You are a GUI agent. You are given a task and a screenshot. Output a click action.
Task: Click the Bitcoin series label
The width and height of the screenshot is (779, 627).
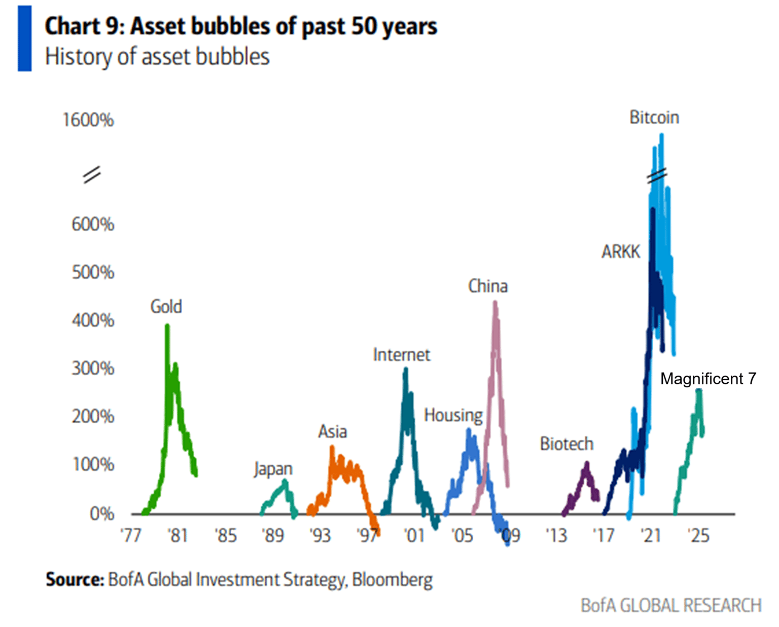tap(654, 118)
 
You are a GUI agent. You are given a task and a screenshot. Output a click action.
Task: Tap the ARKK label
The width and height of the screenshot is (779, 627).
tap(620, 252)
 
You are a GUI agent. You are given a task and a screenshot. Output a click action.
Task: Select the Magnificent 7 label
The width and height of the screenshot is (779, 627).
tap(708, 379)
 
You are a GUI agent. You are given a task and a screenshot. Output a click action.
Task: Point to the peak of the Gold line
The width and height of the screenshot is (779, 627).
tap(167, 326)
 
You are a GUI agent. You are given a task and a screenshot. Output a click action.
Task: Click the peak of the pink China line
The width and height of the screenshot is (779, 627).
tap(495, 303)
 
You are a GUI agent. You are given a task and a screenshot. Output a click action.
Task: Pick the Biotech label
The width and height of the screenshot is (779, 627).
tap(566, 444)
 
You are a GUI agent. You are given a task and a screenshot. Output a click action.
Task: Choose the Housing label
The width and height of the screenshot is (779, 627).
tap(453, 415)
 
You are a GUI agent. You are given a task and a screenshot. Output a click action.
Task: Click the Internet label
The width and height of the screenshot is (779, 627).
tap(401, 355)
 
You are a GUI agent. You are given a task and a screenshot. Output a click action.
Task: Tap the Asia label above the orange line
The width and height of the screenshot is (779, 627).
tap(333, 432)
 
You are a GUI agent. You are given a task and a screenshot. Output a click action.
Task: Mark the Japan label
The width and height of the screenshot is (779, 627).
tap(273, 469)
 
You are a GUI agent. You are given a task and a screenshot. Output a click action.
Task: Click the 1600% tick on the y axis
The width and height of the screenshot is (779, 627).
tap(88, 120)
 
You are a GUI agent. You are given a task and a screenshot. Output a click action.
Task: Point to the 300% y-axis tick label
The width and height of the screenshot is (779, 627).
tap(93, 368)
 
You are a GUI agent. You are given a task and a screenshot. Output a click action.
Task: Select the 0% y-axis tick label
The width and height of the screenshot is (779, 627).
tap(101, 514)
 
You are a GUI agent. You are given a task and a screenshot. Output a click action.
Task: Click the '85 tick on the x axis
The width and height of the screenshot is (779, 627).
tap(225, 535)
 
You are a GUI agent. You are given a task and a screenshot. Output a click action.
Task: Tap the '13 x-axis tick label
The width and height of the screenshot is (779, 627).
tap(556, 535)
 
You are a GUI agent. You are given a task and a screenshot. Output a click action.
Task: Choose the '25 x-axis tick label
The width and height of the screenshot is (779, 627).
tap(698, 535)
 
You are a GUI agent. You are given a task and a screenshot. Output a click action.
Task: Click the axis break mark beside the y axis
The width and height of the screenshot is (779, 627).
tap(92, 175)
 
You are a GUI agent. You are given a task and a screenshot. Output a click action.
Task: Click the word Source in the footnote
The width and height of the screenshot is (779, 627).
tap(75, 579)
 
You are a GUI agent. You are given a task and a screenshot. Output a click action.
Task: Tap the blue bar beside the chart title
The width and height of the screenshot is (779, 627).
tap(24, 39)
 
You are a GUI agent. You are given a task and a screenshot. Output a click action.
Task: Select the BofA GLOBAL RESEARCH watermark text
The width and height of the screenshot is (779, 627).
tap(671, 606)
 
